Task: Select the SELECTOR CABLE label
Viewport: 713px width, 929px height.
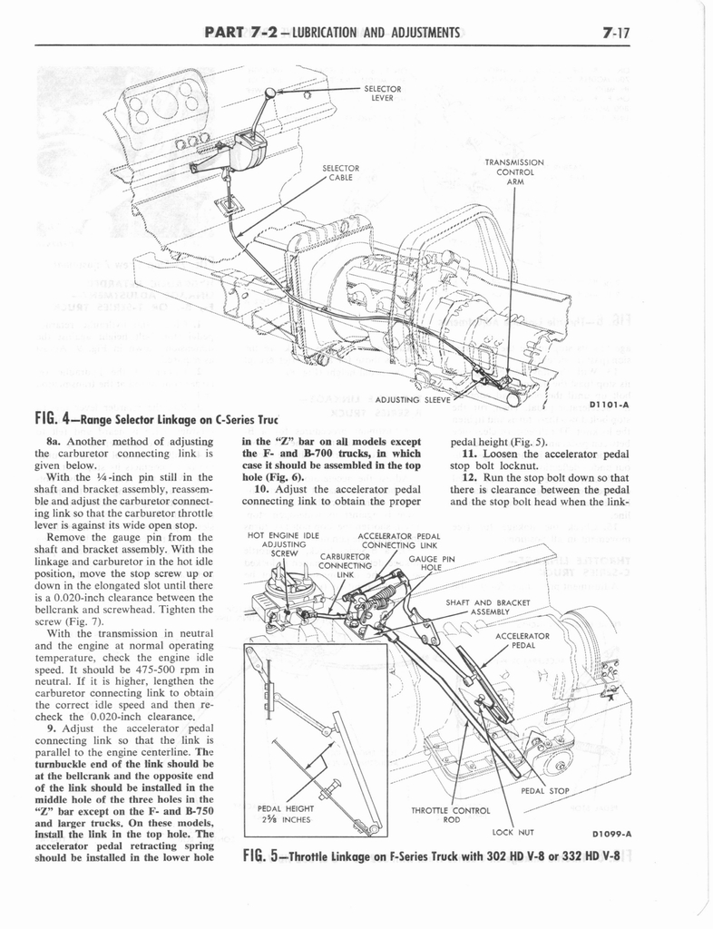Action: (341, 172)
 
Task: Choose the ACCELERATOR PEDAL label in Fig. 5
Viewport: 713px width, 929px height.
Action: (523, 641)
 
